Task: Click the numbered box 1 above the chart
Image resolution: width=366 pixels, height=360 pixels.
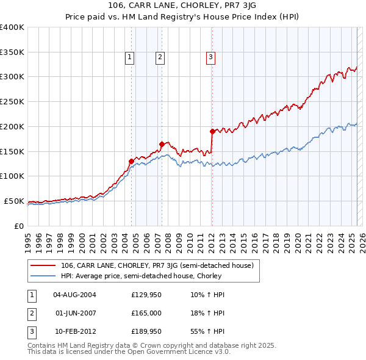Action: pyautogui.click(x=131, y=58)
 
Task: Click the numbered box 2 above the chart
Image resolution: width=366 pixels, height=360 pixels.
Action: pyautogui.click(x=160, y=58)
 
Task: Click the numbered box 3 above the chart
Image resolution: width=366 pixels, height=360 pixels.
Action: pyautogui.click(x=210, y=58)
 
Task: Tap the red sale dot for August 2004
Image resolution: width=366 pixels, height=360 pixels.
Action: pyautogui.click(x=131, y=161)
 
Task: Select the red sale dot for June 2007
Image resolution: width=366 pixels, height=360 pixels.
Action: pyautogui.click(x=162, y=144)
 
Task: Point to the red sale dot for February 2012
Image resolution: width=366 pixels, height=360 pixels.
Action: pyautogui.click(x=212, y=131)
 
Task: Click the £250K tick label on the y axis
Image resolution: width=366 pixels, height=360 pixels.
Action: pyautogui.click(x=12, y=101)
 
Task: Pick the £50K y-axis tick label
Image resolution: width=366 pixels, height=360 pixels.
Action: pyautogui.click(x=13, y=201)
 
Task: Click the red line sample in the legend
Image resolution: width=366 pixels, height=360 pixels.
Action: pyautogui.click(x=43, y=265)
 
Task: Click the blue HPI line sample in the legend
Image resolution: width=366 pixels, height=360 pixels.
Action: pyautogui.click(x=43, y=276)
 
